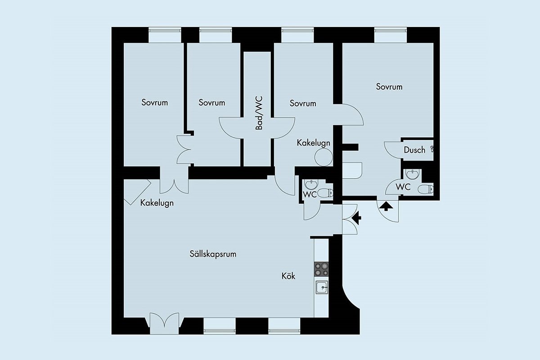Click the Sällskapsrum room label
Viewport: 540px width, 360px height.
(213, 254)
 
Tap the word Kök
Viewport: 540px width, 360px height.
(288, 276)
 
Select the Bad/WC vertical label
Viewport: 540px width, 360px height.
(259, 113)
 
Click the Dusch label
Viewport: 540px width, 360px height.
(414, 150)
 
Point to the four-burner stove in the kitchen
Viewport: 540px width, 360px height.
(321, 269)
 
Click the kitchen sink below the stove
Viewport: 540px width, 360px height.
(322, 287)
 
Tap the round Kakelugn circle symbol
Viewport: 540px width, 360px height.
(324, 157)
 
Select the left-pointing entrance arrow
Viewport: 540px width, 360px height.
(356, 218)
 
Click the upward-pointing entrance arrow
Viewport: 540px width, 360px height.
(386, 206)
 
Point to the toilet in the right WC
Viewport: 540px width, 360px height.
(426, 189)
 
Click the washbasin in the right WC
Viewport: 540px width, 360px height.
(413, 174)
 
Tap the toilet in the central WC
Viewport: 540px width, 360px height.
(325, 193)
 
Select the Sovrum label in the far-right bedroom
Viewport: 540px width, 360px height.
(389, 87)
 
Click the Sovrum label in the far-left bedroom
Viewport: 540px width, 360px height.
(154, 103)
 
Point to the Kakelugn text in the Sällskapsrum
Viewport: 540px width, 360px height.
(157, 203)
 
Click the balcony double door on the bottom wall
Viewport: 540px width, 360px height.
(164, 323)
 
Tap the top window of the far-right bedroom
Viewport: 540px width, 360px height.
(391, 35)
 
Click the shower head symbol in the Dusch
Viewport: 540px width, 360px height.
(432, 149)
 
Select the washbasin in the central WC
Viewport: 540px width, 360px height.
(311, 184)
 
